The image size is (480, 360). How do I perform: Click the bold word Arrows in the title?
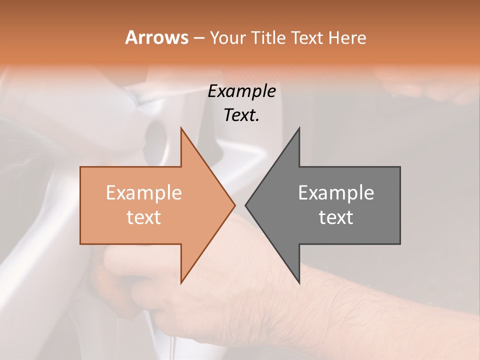pyautogui.click(x=156, y=37)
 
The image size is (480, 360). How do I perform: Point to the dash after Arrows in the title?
pyautogui.click(x=198, y=38)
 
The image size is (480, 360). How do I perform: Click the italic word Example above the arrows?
pyautogui.click(x=242, y=91)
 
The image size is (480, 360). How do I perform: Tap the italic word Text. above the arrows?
pyautogui.click(x=242, y=115)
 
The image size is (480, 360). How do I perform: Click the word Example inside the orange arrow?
pyautogui.click(x=144, y=192)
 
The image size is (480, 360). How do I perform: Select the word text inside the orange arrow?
pyautogui.click(x=144, y=217)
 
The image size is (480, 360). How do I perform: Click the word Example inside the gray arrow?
pyautogui.click(x=336, y=192)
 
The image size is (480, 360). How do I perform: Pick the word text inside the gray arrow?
pyautogui.click(x=336, y=217)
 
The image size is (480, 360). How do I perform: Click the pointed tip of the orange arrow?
pyautogui.click(x=235, y=205)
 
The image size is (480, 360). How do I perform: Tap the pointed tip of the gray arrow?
pyautogui.click(x=245, y=205)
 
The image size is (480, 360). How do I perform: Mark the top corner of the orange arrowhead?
pyautogui.click(x=181, y=127)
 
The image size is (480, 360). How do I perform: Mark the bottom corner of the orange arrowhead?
pyautogui.click(x=181, y=283)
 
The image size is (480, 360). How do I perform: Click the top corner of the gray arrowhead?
pyautogui.click(x=299, y=127)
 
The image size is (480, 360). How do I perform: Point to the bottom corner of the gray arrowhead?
pyautogui.click(x=299, y=283)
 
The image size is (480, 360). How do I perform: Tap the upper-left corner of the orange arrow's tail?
pyautogui.click(x=80, y=167)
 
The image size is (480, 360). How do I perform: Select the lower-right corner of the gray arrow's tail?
pyautogui.click(x=400, y=243)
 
